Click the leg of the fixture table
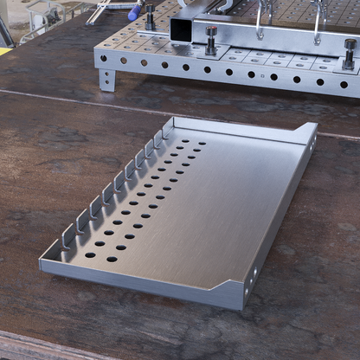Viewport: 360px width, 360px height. coord(106,80)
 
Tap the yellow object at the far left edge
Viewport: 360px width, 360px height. coord(4,49)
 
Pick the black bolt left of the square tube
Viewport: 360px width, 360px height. coord(150,16)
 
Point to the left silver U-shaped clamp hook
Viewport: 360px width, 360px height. coord(261,21)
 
